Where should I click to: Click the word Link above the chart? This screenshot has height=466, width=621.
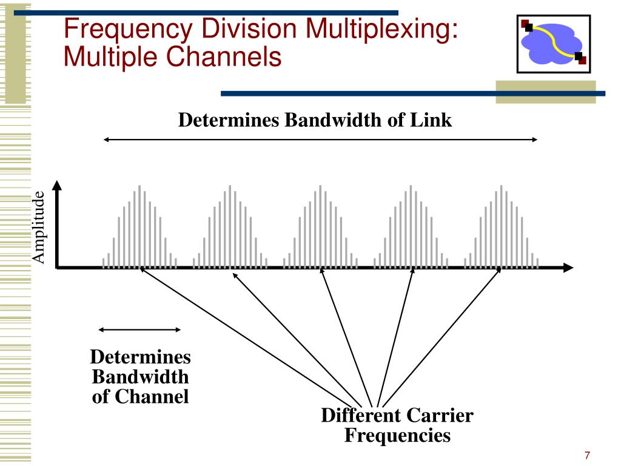431,120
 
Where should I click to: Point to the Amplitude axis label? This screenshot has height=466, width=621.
39,227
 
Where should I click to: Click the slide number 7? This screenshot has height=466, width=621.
587,455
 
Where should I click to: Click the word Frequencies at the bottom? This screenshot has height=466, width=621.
397,435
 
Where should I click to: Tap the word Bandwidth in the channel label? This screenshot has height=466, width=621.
140,377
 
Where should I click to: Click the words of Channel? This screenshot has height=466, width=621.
140,397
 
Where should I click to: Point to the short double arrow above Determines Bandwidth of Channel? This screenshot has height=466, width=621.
139,329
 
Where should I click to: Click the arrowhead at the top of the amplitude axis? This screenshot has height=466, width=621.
56,184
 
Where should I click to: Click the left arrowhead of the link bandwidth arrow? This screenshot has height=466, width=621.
106,140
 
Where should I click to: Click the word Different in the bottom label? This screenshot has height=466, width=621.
360,416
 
